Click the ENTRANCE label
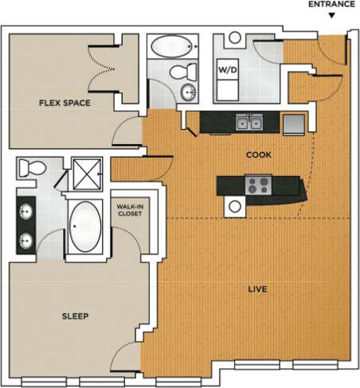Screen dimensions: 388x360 (x=331, y=4)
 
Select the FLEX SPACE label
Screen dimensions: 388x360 (x=65, y=103)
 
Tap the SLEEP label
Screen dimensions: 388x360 (x=75, y=316)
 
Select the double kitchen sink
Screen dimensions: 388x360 (x=248, y=123)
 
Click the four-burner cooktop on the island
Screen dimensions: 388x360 (x=258, y=186)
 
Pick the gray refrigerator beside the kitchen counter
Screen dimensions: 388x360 (x=293, y=123)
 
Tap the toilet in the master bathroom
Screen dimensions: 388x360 (x=33, y=168)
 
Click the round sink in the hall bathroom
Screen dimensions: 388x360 (x=189, y=92)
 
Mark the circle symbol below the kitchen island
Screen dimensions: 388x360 (x=234, y=207)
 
